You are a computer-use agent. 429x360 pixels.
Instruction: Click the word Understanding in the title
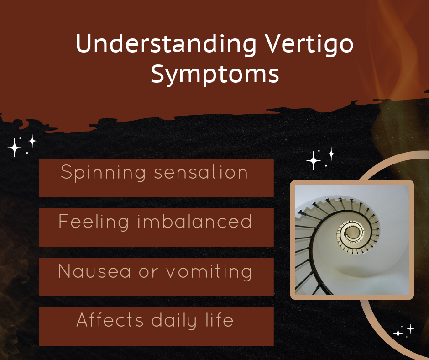pos(166,44)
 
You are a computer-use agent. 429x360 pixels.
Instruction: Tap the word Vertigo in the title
pos(309,44)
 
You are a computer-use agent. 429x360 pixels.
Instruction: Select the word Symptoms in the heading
pos(215,74)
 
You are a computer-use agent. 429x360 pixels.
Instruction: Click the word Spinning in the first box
pos(103,173)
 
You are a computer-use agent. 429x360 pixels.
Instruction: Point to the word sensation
pos(201,173)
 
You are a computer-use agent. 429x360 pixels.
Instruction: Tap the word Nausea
pos(94,271)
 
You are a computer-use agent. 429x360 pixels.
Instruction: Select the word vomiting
pos(209,272)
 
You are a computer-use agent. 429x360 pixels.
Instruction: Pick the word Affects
pos(110,320)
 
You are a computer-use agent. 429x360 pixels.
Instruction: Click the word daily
pos(174,321)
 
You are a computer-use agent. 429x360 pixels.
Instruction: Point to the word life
pos(220,319)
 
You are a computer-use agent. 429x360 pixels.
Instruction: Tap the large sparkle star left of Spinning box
pos(15,148)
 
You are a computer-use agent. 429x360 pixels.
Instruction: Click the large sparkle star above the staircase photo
pos(314,160)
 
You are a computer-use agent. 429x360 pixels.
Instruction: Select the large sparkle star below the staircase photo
pos(398,334)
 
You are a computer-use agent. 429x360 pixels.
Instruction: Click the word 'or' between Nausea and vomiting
pos(149,272)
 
